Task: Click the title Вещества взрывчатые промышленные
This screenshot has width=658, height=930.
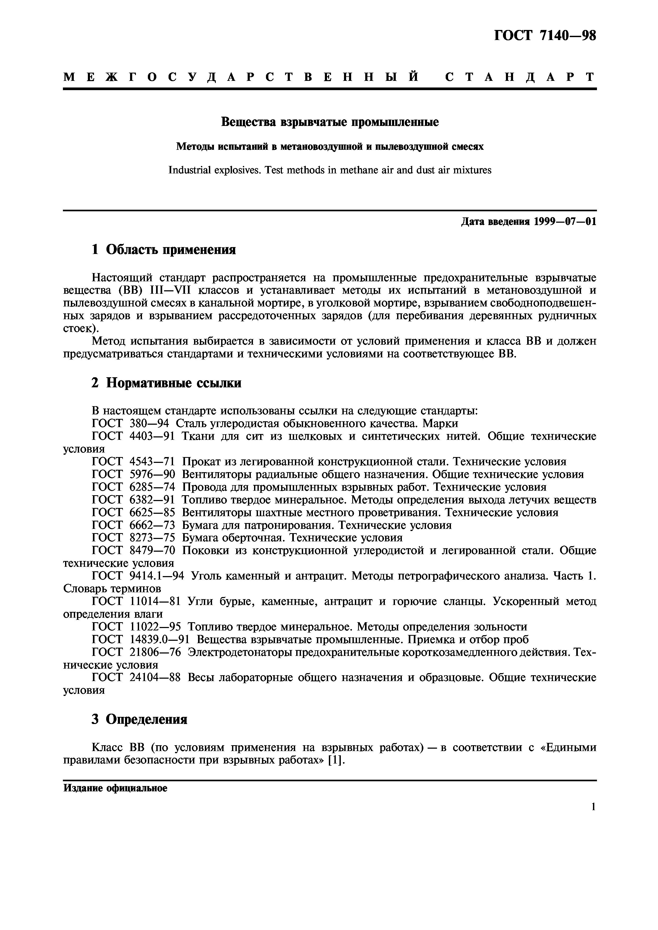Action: tap(330, 122)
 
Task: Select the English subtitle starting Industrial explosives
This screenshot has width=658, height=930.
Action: tap(330, 170)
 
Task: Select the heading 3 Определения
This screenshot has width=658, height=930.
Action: tap(139, 720)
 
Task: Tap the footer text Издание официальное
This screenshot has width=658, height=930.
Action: tap(115, 788)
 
